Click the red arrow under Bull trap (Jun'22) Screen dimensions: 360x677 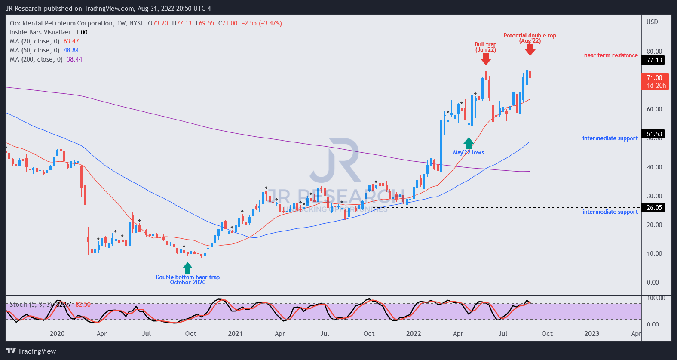486,59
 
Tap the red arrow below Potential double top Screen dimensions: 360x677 530,50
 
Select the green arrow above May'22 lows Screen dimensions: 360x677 469,143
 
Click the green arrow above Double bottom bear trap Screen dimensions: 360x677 187,268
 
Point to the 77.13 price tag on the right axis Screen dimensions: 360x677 654,60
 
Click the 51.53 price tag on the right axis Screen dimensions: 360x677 654,134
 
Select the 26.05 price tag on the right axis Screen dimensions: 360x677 654,208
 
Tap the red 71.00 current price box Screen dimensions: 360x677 656,81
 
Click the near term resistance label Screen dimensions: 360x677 610,55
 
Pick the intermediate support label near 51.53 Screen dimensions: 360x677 610,138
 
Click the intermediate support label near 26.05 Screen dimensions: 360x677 610,212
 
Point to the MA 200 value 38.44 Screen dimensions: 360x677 74,59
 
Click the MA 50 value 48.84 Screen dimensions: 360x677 71,50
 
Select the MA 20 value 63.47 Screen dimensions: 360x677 71,41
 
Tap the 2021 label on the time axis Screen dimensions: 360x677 235,334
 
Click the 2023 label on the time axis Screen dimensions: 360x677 591,334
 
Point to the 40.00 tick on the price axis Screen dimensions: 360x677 654,167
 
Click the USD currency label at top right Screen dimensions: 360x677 652,22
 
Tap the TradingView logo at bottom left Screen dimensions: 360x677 31,351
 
